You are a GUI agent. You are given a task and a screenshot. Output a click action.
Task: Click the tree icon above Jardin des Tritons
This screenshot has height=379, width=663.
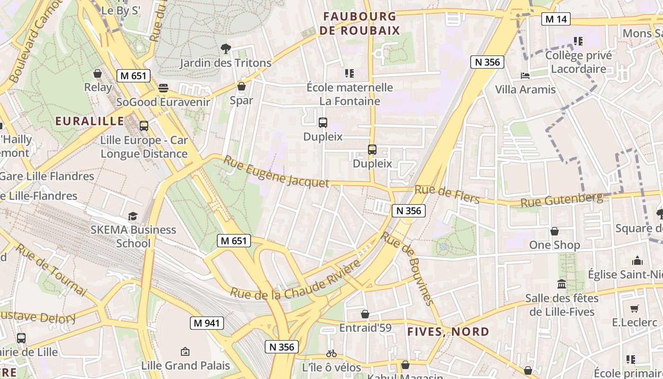click(x=226, y=48)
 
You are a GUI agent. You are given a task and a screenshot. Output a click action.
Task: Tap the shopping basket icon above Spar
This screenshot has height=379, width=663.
click(x=242, y=86)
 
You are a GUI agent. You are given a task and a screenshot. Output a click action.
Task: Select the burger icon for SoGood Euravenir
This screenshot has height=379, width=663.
click(x=163, y=88)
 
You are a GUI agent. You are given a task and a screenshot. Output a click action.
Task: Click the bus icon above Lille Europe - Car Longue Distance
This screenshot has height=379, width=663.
click(x=144, y=126)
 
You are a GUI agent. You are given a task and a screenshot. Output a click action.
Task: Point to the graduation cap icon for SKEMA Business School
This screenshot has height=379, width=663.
click(x=133, y=216)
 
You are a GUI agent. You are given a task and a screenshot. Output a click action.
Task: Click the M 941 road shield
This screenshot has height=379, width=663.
click(x=206, y=323)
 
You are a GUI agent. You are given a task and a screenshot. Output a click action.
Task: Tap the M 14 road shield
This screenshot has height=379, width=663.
click(x=556, y=19)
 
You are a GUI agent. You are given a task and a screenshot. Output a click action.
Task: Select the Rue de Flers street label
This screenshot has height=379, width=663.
click(x=447, y=194)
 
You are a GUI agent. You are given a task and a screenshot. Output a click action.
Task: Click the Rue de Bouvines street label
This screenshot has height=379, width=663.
click(x=407, y=269)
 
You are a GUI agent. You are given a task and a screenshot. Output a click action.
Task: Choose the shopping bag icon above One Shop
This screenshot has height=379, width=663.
click(x=554, y=231)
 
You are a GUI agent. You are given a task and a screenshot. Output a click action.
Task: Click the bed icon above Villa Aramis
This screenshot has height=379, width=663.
click(x=525, y=76)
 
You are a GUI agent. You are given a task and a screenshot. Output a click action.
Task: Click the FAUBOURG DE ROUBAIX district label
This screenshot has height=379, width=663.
click(x=360, y=24)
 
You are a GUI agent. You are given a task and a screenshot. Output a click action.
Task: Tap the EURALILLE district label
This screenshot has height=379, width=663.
click(x=90, y=121)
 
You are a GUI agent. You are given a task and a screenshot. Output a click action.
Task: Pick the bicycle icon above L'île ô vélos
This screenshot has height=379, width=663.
click(x=331, y=353)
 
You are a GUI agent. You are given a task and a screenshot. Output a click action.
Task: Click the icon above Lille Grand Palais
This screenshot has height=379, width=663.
click(x=185, y=352)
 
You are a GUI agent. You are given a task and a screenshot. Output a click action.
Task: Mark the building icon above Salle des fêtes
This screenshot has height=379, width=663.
click(x=562, y=284)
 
